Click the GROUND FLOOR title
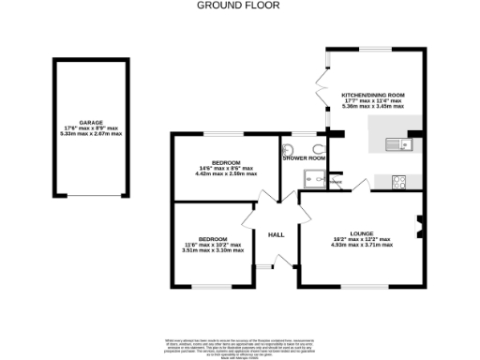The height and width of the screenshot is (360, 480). pyautogui.click(x=239, y=5)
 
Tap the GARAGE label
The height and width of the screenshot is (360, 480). pyautogui.click(x=91, y=123)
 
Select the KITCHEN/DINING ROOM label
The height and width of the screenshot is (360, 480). pyautogui.click(x=372, y=96)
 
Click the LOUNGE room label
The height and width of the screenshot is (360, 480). pyautogui.click(x=361, y=233)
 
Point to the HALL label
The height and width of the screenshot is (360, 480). pyautogui.click(x=277, y=234)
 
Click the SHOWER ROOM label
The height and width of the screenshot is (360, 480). pyautogui.click(x=304, y=158)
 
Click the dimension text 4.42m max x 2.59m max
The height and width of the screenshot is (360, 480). pyautogui.click(x=225, y=173)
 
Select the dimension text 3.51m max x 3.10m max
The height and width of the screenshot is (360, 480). pyautogui.click(x=212, y=250)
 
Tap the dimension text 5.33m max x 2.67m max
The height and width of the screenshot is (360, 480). pyautogui.click(x=91, y=134)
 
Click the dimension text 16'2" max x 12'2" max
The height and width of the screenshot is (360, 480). pyautogui.click(x=361, y=239)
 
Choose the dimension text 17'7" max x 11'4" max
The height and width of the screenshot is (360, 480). pyautogui.click(x=372, y=101)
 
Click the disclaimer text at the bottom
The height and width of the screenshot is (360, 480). pyautogui.click(x=239, y=346)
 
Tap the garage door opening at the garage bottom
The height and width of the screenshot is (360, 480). pyautogui.click(x=91, y=196)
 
